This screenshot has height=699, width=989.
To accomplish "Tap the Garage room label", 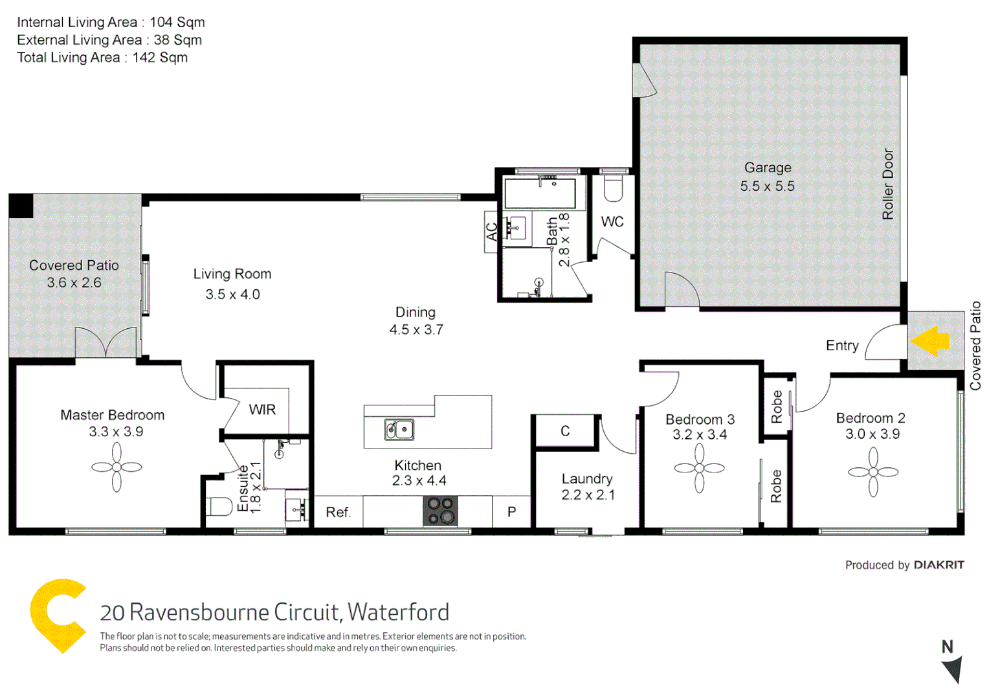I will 768,168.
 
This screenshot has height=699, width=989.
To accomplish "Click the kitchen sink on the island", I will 399,429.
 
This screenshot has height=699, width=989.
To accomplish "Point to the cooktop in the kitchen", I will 440,511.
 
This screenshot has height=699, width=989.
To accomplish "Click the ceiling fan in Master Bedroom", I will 117,467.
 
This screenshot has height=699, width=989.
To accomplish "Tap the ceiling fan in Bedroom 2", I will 873,472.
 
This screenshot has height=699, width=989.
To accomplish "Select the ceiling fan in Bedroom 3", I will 700,468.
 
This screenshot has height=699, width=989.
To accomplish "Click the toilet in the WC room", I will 613,188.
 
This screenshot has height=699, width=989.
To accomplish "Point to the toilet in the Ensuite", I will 219,507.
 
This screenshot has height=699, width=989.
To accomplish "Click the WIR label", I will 262,410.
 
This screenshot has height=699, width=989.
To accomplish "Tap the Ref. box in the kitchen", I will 338,513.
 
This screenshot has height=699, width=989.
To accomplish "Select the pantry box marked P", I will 511,512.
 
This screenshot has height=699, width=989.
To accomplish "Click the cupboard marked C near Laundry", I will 565,431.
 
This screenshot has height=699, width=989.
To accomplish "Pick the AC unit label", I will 492,232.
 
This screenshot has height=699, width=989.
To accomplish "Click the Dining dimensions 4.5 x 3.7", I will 416,330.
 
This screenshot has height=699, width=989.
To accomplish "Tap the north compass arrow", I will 953,669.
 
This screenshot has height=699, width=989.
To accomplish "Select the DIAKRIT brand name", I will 939,565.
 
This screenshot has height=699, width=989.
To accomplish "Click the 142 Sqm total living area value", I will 160,58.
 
